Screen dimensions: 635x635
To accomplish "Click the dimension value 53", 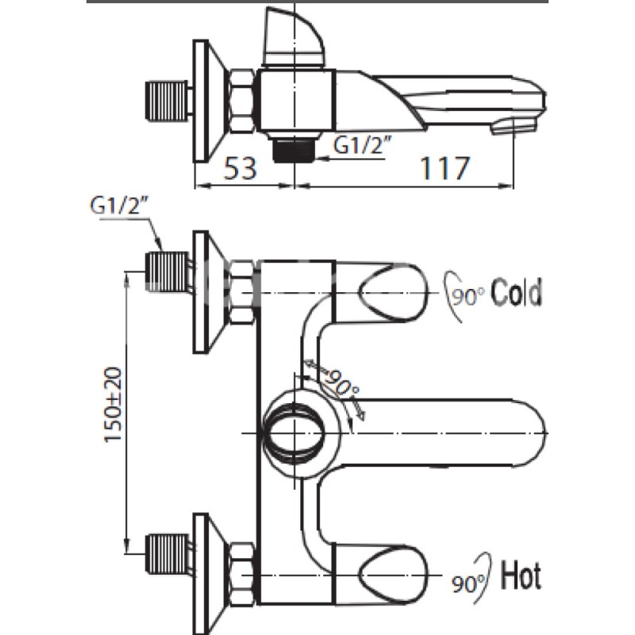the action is (241, 168).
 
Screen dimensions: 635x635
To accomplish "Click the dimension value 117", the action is (444, 168).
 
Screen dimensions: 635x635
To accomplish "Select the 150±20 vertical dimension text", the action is (114, 405).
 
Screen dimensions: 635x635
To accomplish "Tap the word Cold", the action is (516, 292).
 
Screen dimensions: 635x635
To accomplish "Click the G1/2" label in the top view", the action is (363, 145).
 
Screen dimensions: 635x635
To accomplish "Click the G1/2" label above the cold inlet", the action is (118, 206).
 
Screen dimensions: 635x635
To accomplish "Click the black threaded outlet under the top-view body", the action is (294, 149).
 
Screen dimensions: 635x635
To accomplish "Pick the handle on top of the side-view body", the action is (294, 37).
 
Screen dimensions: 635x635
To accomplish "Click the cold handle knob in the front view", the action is (393, 292).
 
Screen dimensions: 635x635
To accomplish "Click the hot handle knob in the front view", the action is (393, 574).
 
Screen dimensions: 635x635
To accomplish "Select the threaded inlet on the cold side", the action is (167, 271).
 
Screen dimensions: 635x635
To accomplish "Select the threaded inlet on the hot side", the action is (167, 554).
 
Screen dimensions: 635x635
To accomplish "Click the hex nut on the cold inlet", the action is (242, 292).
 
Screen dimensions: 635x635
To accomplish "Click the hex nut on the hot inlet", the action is (242, 574).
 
